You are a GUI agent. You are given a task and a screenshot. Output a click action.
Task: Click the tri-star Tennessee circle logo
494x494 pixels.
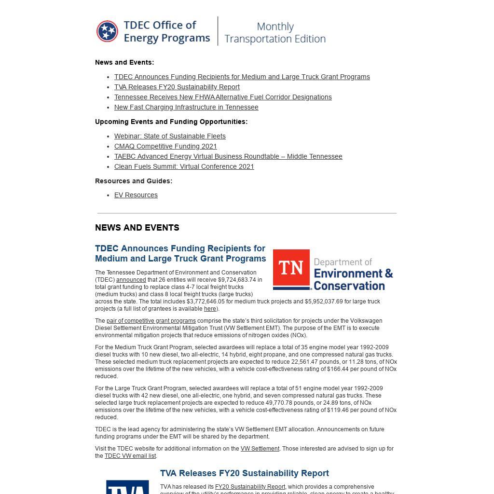tap(107, 31)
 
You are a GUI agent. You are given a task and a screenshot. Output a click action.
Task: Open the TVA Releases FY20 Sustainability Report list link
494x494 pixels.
tap(177, 87)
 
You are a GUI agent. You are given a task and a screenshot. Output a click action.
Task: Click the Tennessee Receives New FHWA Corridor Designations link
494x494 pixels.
tap(223, 97)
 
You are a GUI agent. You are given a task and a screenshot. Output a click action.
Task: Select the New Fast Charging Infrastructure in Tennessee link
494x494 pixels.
tap(186, 107)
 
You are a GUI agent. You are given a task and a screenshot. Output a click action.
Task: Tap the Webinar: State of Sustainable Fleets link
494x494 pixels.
tap(170, 136)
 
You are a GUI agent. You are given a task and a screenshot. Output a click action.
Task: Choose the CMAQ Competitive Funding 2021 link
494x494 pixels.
tap(165, 146)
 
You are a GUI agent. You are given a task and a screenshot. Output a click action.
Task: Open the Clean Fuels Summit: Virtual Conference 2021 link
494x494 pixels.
tap(184, 166)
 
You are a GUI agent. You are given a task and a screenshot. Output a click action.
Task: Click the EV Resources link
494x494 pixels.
tap(136, 195)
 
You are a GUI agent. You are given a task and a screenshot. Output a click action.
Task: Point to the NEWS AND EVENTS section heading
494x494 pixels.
tap(137, 228)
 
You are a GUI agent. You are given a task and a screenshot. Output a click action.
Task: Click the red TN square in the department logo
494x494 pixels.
tap(291, 269)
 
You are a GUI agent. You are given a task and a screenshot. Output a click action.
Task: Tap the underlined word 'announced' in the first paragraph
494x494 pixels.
tap(131, 280)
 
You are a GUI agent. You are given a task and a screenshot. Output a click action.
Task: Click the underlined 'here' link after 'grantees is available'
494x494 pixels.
tap(210, 309)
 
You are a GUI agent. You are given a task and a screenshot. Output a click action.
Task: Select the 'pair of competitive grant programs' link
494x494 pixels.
tap(151, 321)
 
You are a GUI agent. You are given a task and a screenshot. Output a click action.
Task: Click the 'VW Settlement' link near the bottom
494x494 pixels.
tap(260, 449)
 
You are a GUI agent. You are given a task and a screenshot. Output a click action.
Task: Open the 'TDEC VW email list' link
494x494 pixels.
tap(130, 456)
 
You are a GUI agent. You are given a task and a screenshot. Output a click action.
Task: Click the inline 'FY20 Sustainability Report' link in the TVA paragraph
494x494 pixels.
tap(250, 487)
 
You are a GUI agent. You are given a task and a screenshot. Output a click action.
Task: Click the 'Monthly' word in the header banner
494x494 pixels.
tap(275, 27)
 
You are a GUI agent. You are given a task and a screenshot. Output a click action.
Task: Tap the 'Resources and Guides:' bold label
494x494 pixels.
tap(134, 181)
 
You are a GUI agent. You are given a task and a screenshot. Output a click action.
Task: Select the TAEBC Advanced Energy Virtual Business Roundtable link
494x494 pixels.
tap(228, 156)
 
